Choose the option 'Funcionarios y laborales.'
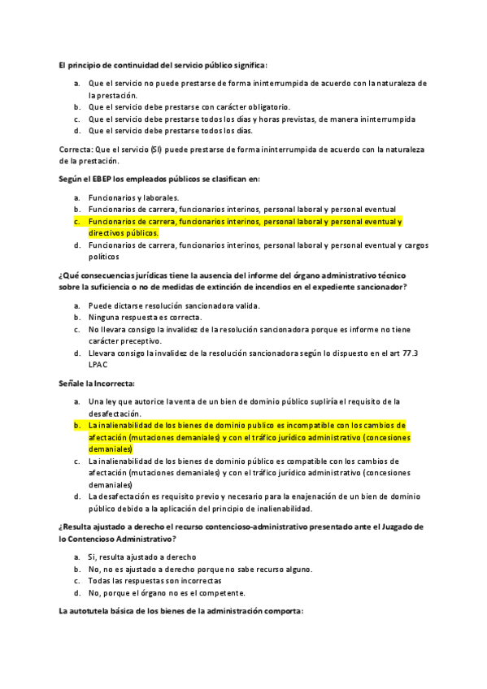(133, 197)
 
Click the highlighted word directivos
(106, 232)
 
